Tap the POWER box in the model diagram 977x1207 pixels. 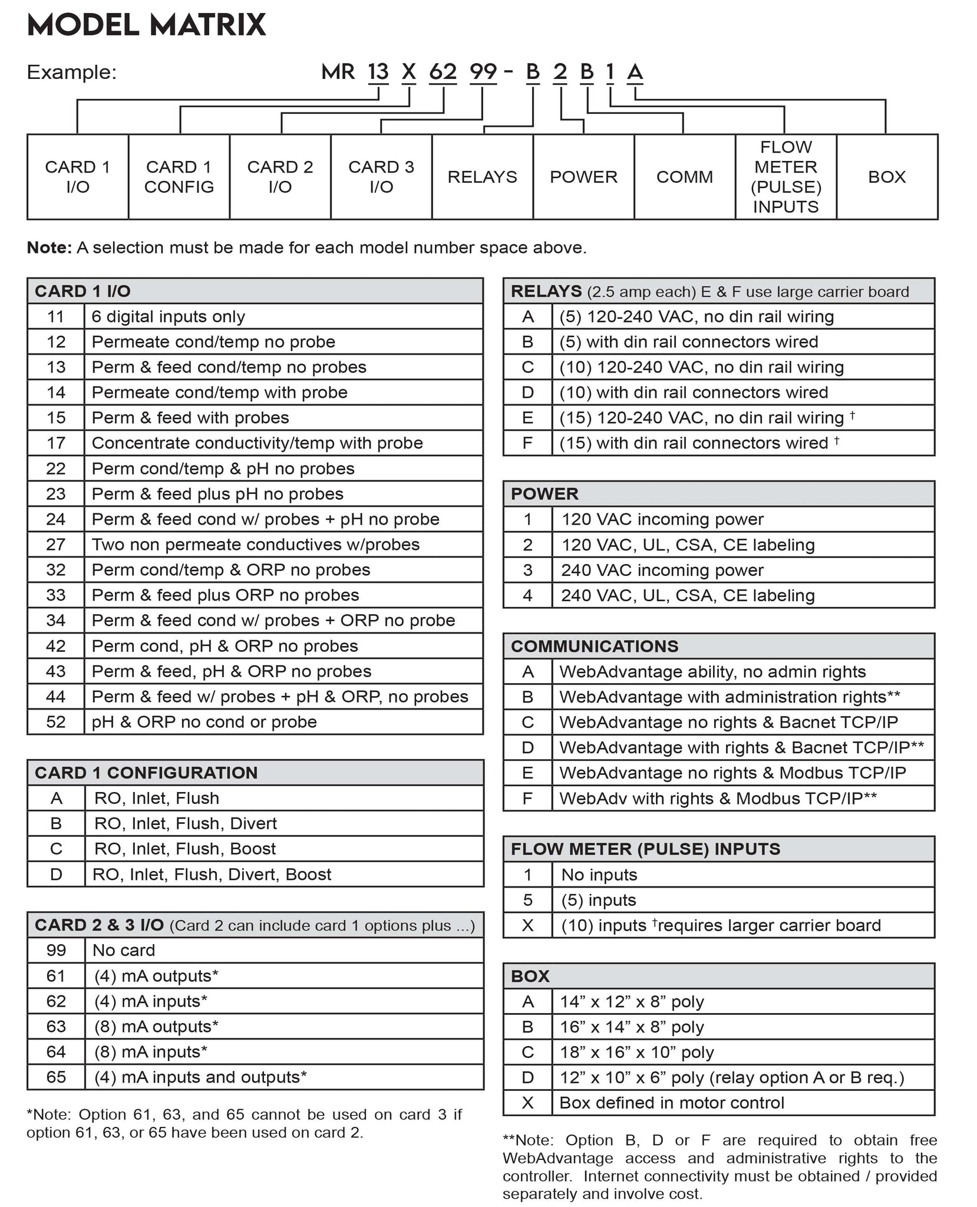(583, 177)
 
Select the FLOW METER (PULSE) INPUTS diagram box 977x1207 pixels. (785, 177)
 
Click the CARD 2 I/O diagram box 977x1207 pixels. (280, 177)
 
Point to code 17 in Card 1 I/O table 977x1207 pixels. (56, 443)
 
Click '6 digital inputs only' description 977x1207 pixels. (168, 316)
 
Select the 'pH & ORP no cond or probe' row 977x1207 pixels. (204, 722)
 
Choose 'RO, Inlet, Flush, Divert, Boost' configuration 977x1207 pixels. (212, 874)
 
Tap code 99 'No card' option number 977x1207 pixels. (56, 950)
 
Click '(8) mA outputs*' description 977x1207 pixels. (156, 1026)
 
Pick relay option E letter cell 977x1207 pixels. (528, 418)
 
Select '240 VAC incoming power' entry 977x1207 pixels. (662, 570)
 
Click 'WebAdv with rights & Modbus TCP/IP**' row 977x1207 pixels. (718, 798)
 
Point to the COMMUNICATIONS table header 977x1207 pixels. (595, 646)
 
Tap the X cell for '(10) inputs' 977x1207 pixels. (528, 925)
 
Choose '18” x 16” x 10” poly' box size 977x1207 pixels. (636, 1052)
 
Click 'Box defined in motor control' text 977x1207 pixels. (671, 1103)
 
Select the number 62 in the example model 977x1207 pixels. (443, 72)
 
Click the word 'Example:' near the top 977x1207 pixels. (72, 72)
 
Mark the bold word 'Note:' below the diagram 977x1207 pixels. (49, 248)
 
